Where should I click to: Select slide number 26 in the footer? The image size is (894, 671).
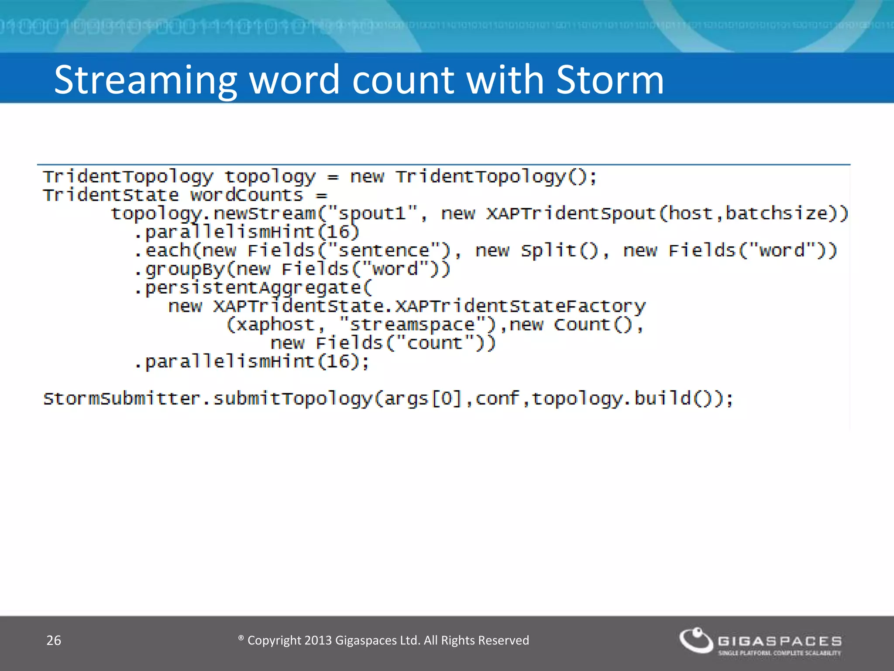coord(54,640)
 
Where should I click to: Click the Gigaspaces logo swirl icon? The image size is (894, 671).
coord(695,640)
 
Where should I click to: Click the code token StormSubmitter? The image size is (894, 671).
coord(122,398)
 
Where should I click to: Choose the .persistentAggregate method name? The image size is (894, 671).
coord(253,288)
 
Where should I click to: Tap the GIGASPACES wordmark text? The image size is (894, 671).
coord(780,641)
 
